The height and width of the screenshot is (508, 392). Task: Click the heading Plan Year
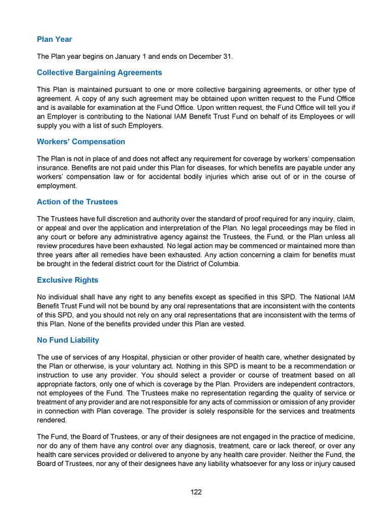point(54,39)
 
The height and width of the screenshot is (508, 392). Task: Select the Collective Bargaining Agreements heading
point(99,72)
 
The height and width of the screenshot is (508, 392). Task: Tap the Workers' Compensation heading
point(81,141)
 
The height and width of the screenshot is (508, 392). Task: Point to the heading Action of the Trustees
point(77,201)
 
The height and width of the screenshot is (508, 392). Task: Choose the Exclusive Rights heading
point(67,280)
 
